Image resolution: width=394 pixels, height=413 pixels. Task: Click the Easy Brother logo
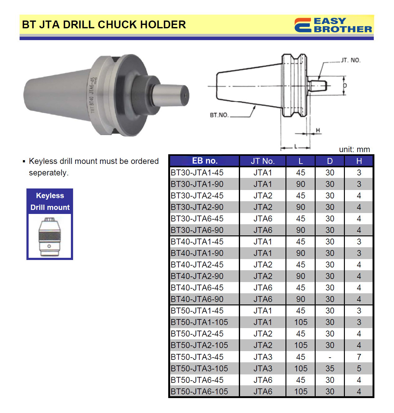[x=333, y=25]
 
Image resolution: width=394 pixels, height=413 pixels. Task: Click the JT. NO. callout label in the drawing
[x=351, y=60]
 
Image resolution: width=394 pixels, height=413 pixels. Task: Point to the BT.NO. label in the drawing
[x=219, y=115]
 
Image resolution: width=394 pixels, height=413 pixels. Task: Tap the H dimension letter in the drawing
[x=318, y=130]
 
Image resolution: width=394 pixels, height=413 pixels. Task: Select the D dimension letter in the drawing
[x=345, y=86]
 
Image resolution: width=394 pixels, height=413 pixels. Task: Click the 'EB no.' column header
[x=205, y=161]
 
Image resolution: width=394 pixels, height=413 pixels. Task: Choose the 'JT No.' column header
[x=263, y=161]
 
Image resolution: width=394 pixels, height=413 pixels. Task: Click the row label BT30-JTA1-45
[x=197, y=173]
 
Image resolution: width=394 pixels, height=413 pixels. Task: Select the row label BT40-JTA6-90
[x=197, y=299]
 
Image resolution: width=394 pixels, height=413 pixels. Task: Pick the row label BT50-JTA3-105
[x=199, y=368]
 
